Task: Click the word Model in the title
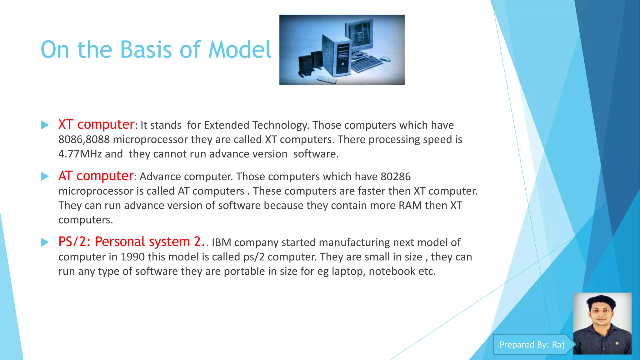click(x=240, y=50)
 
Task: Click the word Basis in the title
click(x=146, y=50)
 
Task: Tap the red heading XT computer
click(x=96, y=124)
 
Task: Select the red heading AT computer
click(x=96, y=176)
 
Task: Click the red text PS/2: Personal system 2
click(x=131, y=242)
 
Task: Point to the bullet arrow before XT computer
click(x=45, y=125)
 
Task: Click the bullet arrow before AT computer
click(x=45, y=177)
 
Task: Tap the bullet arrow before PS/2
click(x=45, y=242)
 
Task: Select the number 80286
click(x=396, y=177)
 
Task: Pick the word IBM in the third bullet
click(x=221, y=242)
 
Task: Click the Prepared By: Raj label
click(x=532, y=345)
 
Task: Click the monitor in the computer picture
click(x=359, y=36)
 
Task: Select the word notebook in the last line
click(x=392, y=271)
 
